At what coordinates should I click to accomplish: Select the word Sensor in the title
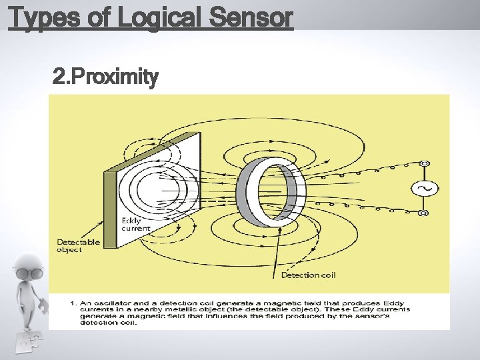pyautogui.click(x=251, y=18)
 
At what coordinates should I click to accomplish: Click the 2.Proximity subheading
pyautogui.click(x=105, y=78)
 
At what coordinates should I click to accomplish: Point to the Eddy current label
pyautogui.click(x=135, y=225)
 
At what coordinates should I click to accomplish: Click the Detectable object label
pyautogui.click(x=79, y=246)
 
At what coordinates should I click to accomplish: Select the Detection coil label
pyautogui.click(x=308, y=275)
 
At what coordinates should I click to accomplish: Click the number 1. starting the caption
pyautogui.click(x=74, y=304)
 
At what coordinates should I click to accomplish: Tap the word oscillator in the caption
pyautogui.click(x=107, y=304)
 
